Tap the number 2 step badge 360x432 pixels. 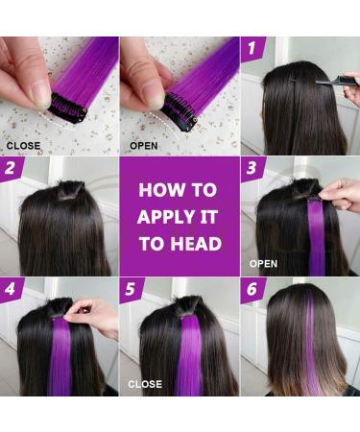point(12,169)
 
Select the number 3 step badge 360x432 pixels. point(253,169)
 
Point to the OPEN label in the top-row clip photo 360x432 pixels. point(144,147)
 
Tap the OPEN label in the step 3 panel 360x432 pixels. point(264,261)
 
